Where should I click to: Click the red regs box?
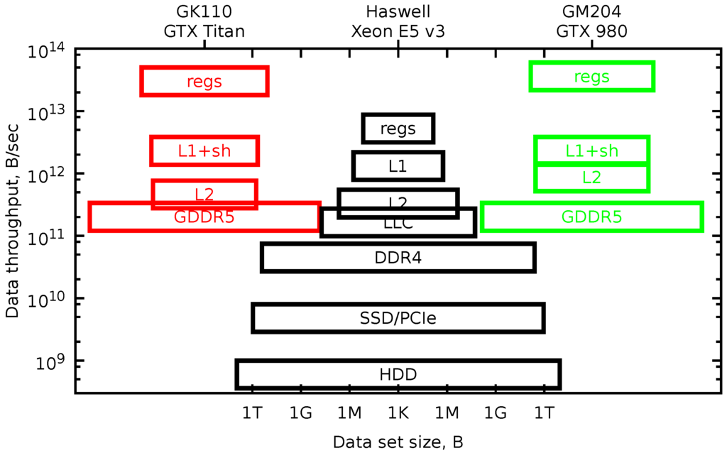(204, 81)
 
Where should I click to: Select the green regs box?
(591, 77)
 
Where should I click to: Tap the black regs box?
(398, 129)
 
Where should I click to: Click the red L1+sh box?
(204, 151)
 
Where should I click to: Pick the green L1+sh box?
(591, 151)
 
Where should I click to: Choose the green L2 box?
(591, 178)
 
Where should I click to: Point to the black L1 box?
(398, 166)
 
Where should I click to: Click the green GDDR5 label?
(591, 217)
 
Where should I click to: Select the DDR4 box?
(398, 257)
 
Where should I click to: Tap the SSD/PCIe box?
(398, 318)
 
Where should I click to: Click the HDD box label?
(398, 375)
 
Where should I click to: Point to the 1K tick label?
(398, 413)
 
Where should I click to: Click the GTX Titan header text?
(204, 32)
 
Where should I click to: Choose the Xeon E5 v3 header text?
(398, 32)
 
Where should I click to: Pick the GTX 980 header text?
(591, 32)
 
